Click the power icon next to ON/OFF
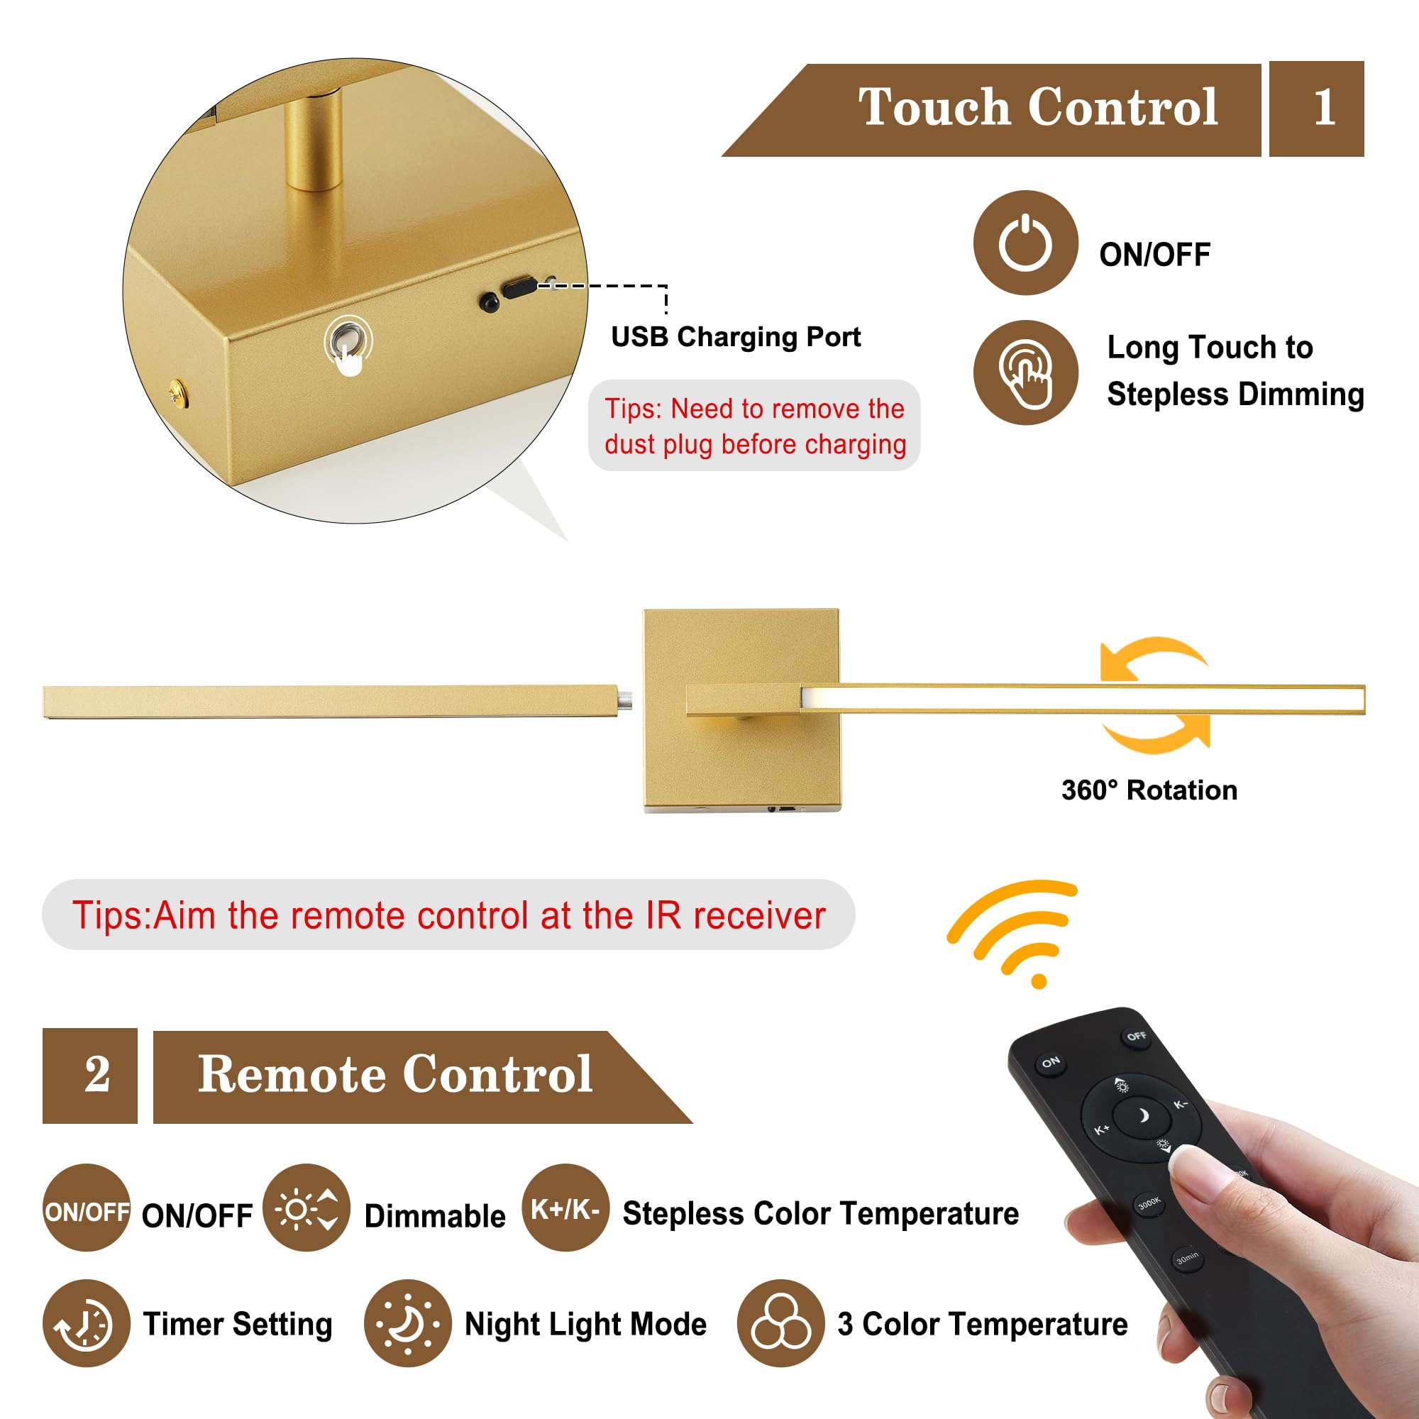coord(1025,243)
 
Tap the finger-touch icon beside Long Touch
coord(1025,372)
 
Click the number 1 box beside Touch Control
coord(1316,109)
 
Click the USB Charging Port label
coord(735,337)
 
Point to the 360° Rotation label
coord(1149,790)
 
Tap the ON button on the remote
coord(1051,1062)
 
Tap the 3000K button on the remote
coord(1149,1203)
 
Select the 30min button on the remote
coord(1187,1258)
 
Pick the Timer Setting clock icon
coord(87,1323)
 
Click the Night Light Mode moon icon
coord(408,1323)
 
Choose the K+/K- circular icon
coord(565,1208)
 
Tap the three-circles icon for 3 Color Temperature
coord(780,1323)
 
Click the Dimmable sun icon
coord(307,1208)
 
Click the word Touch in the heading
coord(934,107)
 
